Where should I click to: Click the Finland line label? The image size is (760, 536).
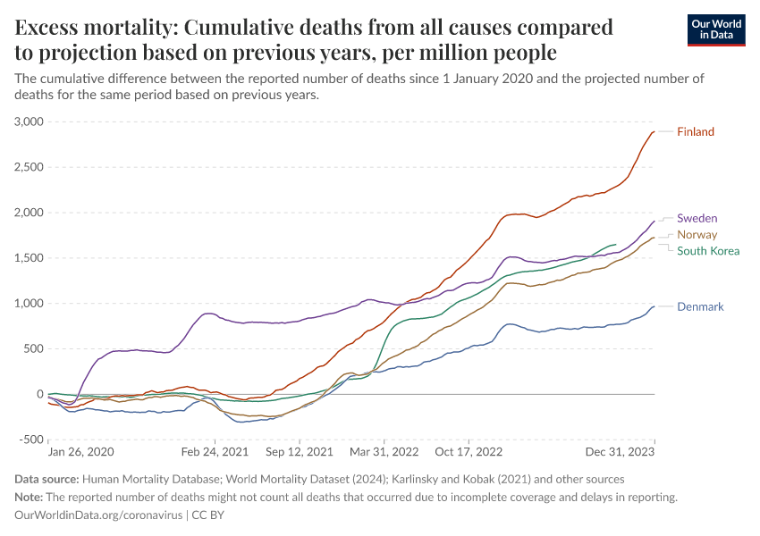696,132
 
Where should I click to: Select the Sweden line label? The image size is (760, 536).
697,218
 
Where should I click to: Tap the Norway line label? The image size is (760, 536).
697,234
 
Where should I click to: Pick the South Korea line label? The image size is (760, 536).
708,251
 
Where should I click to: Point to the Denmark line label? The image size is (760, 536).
700,306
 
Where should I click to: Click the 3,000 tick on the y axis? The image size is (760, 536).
30,121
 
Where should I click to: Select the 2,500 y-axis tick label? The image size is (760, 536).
30,167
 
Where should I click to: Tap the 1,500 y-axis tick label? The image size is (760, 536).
30,258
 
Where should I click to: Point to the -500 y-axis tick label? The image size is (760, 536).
32,440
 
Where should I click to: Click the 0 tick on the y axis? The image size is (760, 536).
39,394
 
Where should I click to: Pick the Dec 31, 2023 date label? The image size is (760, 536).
625,452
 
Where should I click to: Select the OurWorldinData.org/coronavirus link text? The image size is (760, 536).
98,515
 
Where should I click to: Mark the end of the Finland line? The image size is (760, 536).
654,132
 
